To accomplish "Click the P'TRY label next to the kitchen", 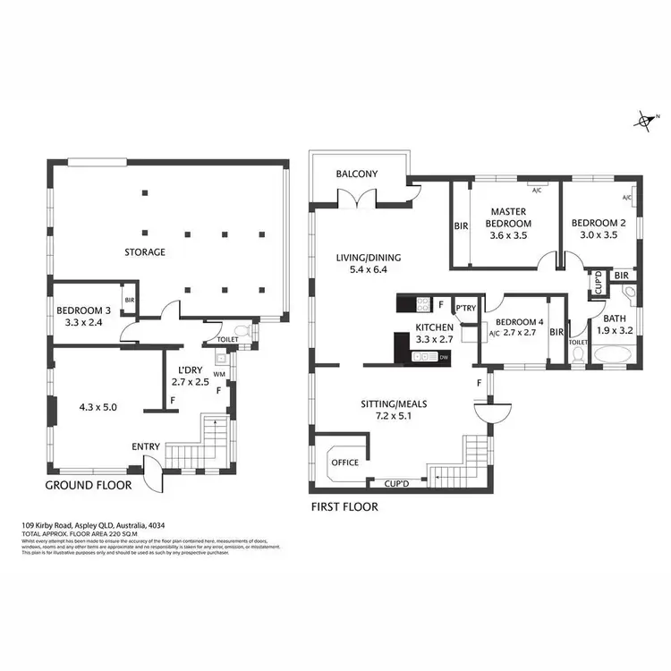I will pyautogui.click(x=464, y=307).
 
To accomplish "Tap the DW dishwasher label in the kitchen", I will pyautogui.click(x=443, y=358).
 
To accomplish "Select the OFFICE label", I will pyautogui.click(x=344, y=463).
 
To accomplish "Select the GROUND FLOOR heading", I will pyautogui.click(x=88, y=485).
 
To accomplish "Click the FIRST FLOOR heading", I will pyautogui.click(x=344, y=506).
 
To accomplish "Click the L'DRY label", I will pyautogui.click(x=190, y=370).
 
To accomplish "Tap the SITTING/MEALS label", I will pyautogui.click(x=393, y=403).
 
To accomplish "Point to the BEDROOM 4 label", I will pyautogui.click(x=519, y=322).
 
